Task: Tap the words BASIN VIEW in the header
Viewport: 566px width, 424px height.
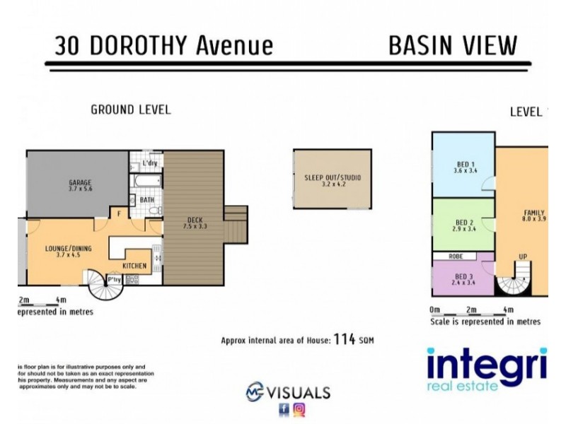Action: click(x=453, y=45)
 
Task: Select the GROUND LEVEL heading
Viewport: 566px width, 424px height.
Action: click(x=130, y=110)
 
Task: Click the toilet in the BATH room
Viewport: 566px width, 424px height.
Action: click(x=158, y=209)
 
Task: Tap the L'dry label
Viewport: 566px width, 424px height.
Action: click(x=149, y=164)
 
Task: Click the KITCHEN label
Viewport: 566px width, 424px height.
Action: click(x=134, y=266)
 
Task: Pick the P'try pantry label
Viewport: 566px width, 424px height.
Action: click(x=113, y=280)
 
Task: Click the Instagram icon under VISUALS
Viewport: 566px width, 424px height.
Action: click(x=299, y=408)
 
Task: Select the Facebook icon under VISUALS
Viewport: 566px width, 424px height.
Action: click(x=284, y=408)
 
